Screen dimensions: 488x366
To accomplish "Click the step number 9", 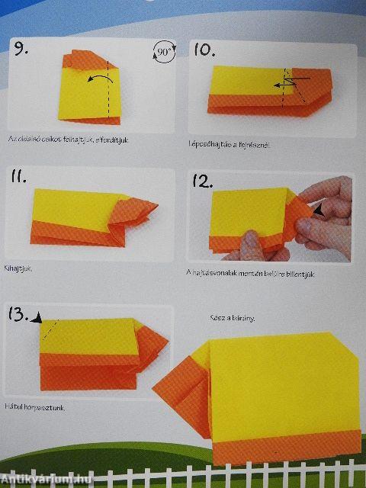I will (x=21, y=50).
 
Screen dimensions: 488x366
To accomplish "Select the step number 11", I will (x=18, y=177).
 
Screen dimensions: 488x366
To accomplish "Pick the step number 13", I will (x=21, y=315).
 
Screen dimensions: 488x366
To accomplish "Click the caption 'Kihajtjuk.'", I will (x=22, y=268).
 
